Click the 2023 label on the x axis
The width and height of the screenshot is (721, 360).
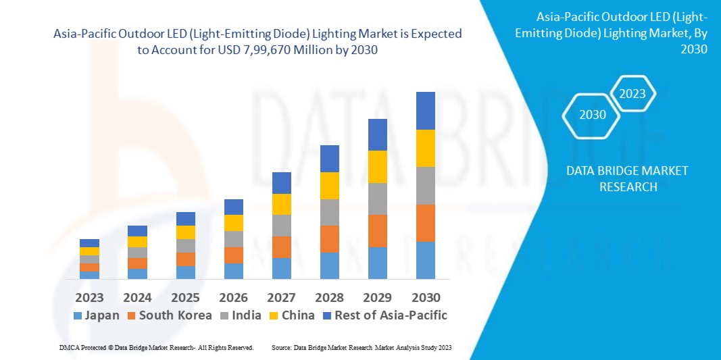[x=89, y=298]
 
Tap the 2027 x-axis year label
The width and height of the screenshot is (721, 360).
[x=281, y=298]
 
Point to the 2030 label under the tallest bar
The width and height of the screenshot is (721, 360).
[x=426, y=298]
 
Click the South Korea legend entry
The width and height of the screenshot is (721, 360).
[x=169, y=315]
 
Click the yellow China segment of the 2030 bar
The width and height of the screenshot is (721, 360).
[x=426, y=148]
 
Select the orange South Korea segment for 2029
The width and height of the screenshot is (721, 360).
[x=377, y=231]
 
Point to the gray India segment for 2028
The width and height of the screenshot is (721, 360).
[x=329, y=212]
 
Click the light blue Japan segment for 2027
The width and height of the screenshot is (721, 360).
[x=281, y=268]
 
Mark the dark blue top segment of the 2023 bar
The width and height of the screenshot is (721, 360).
[x=89, y=243]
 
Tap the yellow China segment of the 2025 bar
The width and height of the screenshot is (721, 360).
[x=185, y=232]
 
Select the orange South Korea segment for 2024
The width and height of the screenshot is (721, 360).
[x=137, y=263]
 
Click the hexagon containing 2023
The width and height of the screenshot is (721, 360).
[x=632, y=94]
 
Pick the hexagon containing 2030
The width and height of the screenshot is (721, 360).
[x=593, y=115]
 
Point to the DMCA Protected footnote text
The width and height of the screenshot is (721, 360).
[x=155, y=347]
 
